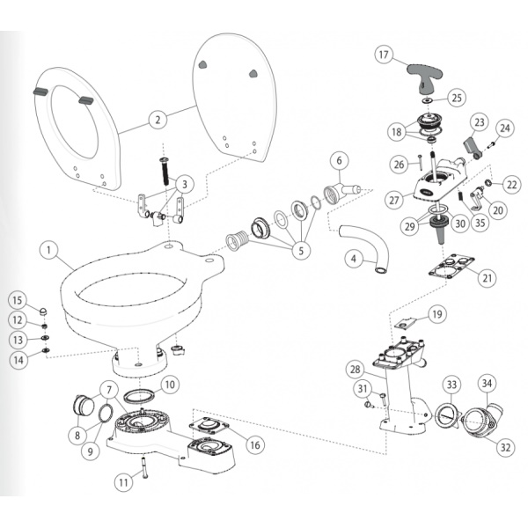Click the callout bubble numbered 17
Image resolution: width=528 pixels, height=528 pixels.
(384, 55)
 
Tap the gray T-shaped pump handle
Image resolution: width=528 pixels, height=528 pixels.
(424, 76)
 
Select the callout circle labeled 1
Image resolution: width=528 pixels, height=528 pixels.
(48, 250)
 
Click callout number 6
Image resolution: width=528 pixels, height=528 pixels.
(339, 161)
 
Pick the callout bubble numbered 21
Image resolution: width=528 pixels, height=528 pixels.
(488, 278)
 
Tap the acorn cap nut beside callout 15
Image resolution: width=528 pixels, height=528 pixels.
(43, 312)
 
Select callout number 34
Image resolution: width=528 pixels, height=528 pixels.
(488, 383)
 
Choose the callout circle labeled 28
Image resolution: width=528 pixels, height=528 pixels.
(356, 370)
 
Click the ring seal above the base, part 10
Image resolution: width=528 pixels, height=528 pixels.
(140, 396)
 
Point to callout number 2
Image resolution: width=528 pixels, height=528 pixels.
(158, 120)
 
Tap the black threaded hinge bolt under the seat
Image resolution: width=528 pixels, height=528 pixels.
(165, 171)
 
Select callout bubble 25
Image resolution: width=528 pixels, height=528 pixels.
(457, 98)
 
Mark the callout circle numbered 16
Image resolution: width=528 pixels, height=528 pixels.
(255, 445)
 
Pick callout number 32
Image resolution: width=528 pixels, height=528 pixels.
(505, 448)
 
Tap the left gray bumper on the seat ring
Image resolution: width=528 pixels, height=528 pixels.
(39, 92)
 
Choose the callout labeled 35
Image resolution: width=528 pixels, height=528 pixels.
(480, 223)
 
